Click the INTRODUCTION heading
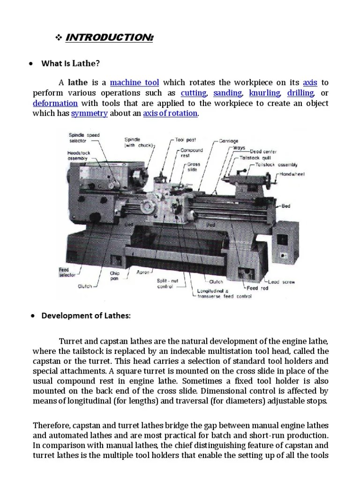click(109, 37)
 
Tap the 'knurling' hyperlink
click(264, 93)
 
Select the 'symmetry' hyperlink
click(90, 113)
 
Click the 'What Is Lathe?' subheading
click(71, 63)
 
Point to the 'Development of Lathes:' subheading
click(86, 315)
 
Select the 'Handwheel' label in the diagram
click(293, 174)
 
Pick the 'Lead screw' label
click(281, 282)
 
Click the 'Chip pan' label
click(115, 276)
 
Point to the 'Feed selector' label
click(64, 272)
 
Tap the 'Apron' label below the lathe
click(142, 272)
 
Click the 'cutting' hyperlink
click(194, 93)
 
